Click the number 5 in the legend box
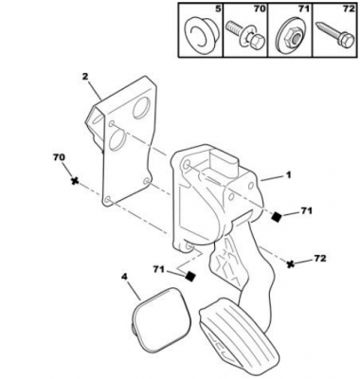click(218, 9)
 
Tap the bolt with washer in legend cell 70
click(245, 35)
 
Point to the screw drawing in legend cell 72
click(334, 36)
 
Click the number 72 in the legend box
click(349, 9)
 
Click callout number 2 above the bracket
click(84, 77)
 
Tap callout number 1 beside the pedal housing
click(288, 175)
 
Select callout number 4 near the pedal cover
click(124, 277)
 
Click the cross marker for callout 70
click(75, 181)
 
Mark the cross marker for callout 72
click(291, 263)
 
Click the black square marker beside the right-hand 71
click(277, 216)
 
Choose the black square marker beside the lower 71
click(190, 276)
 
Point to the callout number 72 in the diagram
click(320, 259)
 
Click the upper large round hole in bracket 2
click(141, 108)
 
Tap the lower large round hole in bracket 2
click(117, 140)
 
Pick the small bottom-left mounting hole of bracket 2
click(108, 199)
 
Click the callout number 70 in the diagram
click(60, 157)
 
